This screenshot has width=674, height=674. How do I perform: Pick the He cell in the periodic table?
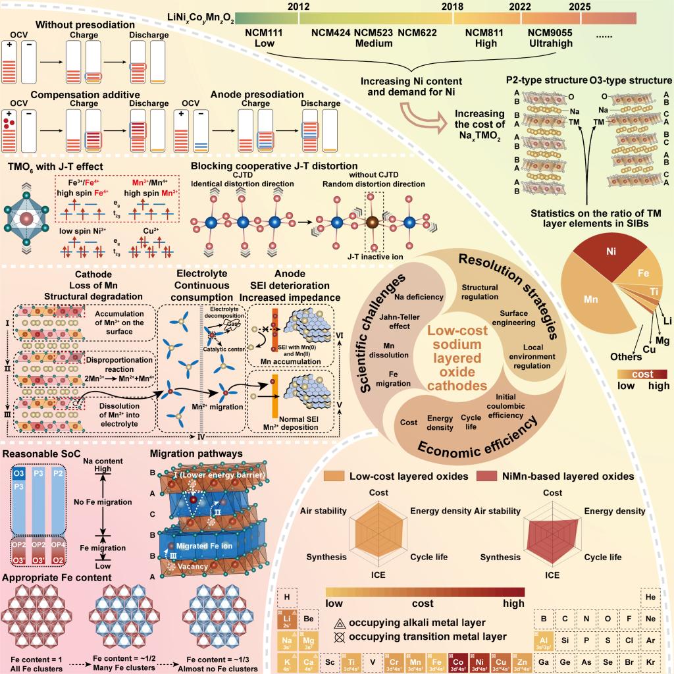[x=650, y=597]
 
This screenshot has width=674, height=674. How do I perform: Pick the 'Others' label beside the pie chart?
[x=625, y=357]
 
